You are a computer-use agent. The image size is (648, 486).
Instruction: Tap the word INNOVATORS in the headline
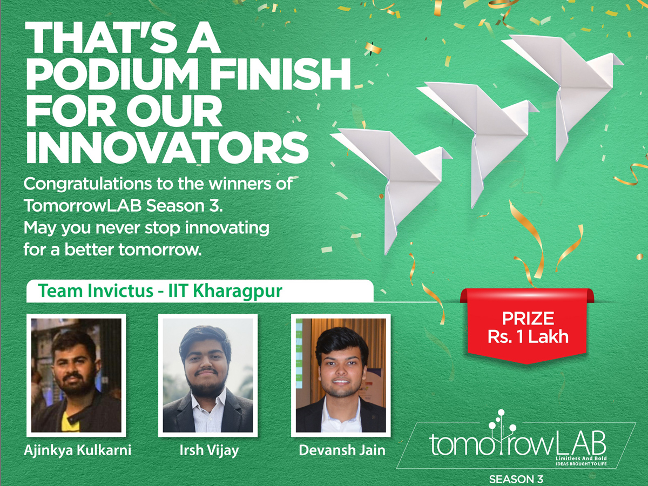coord(167,147)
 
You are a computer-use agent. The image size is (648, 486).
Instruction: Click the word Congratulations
coord(87,185)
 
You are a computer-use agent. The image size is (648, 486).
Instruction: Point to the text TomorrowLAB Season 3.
coord(123,206)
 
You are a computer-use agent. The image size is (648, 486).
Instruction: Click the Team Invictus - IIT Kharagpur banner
coord(200,291)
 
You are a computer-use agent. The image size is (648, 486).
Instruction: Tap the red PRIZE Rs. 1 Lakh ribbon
coord(527,326)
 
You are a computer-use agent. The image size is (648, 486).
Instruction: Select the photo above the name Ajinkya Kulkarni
coord(76,375)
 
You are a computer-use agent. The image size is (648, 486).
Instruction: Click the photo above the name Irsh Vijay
coord(208,375)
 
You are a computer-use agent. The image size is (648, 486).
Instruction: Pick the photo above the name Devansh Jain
coord(341,375)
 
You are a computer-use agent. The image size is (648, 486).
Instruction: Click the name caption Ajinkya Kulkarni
coord(78,450)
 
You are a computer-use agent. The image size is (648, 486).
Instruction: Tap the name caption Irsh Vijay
coord(209,450)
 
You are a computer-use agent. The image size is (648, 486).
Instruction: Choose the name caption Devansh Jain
coord(342,450)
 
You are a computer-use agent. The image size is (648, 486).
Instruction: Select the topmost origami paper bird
coord(567,89)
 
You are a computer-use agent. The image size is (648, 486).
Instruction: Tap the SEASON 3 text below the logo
coord(516,479)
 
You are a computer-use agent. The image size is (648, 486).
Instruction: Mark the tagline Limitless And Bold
coord(581,458)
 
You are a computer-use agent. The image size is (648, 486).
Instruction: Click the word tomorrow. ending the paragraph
coord(160,249)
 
